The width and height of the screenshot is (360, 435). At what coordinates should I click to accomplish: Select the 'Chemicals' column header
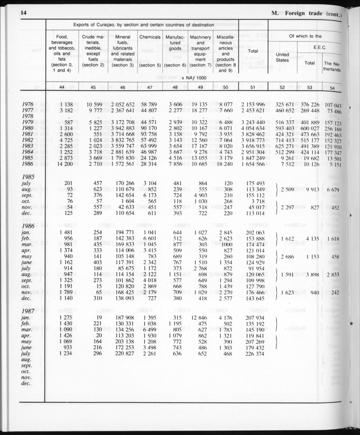tap(150, 37)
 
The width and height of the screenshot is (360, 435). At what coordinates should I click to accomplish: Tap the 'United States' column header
tap(282, 57)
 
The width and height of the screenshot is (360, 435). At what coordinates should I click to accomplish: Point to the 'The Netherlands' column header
tap(332, 67)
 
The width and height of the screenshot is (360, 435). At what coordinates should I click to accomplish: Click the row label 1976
tap(28, 104)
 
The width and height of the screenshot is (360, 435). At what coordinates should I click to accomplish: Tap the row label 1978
tap(28, 116)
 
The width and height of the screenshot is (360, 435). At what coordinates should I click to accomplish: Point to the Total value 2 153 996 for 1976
tap(253, 105)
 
